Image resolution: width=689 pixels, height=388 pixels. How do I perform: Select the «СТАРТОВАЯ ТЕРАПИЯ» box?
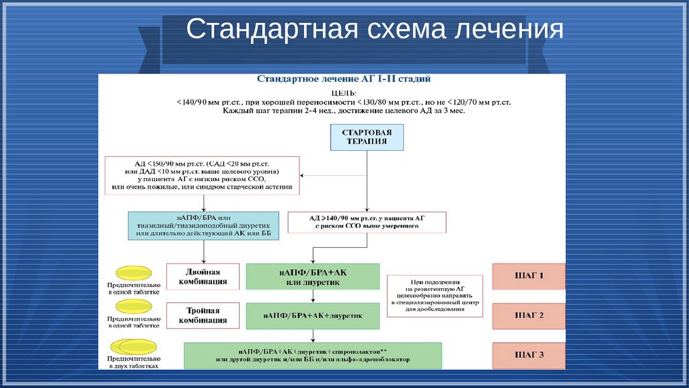coord(367,137)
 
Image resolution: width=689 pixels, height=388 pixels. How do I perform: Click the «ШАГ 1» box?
coord(528,276)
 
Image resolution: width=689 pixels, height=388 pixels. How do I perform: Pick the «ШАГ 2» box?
coord(528,315)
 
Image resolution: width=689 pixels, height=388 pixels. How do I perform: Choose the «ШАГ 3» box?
coord(528,355)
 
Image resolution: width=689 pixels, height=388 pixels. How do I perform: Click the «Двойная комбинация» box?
coord(203,276)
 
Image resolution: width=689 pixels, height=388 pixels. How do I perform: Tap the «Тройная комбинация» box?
coord(203,315)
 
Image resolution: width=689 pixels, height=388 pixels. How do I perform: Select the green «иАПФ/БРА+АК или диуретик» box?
coord(312,277)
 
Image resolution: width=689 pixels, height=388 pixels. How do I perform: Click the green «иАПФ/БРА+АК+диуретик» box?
coord(312,315)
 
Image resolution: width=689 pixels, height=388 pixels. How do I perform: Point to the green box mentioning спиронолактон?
coord(312,355)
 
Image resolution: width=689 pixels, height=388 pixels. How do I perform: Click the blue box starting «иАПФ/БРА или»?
coord(203,225)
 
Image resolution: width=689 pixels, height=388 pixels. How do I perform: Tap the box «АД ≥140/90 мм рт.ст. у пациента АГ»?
coord(367,222)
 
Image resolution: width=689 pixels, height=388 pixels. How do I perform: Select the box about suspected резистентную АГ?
coord(435,295)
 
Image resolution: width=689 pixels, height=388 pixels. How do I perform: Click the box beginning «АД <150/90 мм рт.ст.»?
coord(203,175)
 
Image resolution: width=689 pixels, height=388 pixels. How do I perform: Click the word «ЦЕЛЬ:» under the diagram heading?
coord(344,92)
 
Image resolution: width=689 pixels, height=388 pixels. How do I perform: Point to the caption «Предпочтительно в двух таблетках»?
coord(133,364)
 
